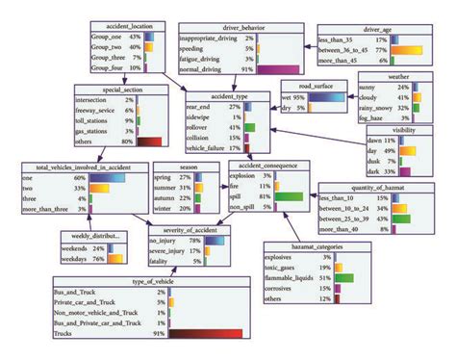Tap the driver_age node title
click(x=364, y=30)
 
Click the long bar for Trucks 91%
click(x=229, y=336)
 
